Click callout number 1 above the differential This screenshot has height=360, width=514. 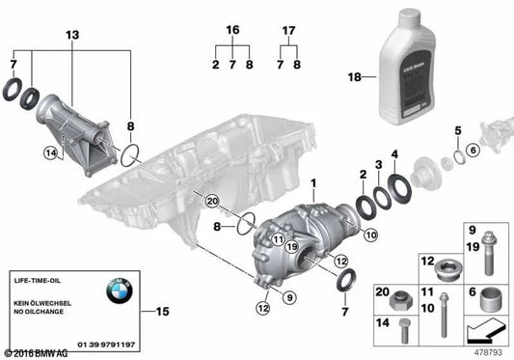click(312, 180)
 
